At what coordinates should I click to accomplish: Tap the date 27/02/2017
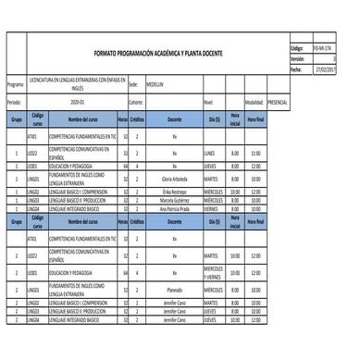click(326, 68)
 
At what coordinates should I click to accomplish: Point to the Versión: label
click(297, 57)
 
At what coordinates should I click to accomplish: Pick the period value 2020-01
click(76, 101)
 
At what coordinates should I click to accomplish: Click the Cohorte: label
click(137, 101)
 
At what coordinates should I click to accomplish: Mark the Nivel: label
click(208, 101)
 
